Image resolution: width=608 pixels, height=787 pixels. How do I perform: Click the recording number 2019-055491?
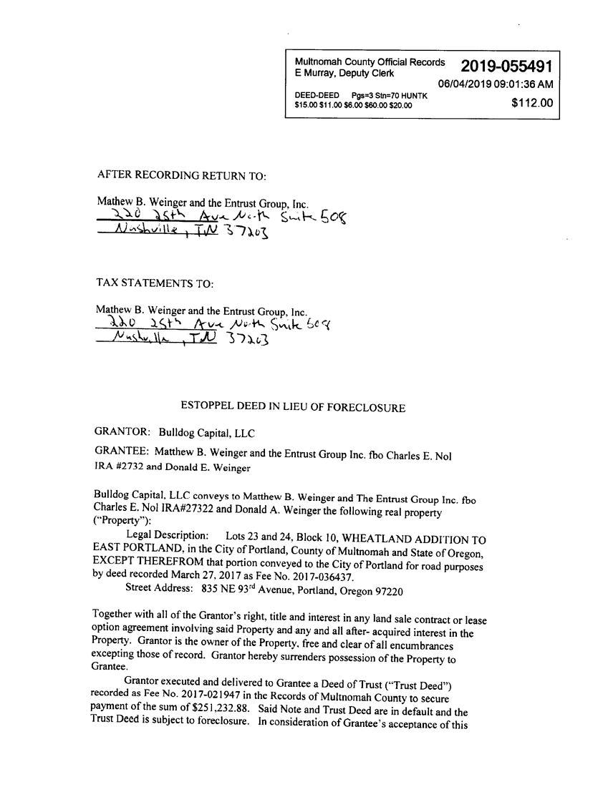click(x=506, y=67)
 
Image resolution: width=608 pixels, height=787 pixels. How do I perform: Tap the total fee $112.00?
click(x=532, y=103)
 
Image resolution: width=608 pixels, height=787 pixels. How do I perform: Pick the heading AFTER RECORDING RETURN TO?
click(x=181, y=175)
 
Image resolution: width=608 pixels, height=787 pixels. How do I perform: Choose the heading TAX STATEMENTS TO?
click(x=155, y=283)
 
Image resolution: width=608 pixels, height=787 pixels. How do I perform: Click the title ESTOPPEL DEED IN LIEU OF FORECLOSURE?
click(x=293, y=408)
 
